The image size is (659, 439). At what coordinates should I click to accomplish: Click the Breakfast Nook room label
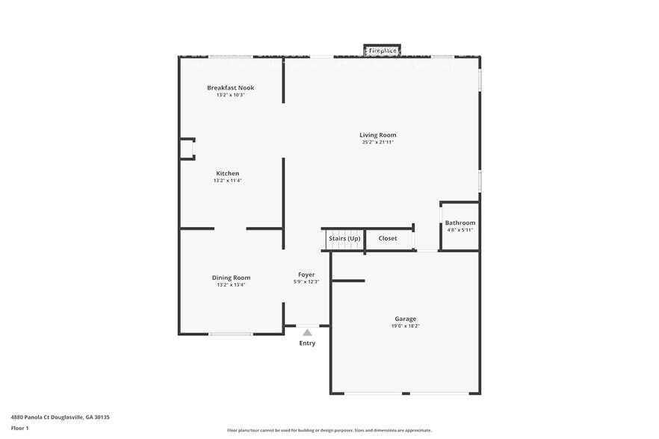tap(231, 88)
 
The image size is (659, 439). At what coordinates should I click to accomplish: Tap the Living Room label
tap(377, 135)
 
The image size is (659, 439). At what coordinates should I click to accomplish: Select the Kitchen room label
tap(228, 173)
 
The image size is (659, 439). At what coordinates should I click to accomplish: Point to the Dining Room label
tap(231, 278)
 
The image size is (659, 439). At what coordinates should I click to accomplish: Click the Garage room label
tap(406, 319)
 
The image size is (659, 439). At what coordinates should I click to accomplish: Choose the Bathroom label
tap(460, 223)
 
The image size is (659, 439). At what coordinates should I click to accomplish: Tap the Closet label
tap(388, 238)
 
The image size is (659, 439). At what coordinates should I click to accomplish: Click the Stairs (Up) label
tap(344, 238)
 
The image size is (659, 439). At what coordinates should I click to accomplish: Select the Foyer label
tap(306, 275)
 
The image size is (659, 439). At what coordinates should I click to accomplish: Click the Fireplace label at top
tap(382, 50)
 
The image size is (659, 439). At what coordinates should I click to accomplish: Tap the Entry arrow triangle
tap(307, 333)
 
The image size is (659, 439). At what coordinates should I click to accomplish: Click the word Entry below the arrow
tap(307, 343)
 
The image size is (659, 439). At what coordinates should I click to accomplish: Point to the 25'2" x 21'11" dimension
tap(377, 142)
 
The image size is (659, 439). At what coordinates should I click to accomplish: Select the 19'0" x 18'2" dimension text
tap(406, 326)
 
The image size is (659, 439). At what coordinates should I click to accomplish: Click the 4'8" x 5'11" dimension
tap(460, 230)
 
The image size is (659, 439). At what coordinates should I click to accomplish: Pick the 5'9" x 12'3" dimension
tap(306, 281)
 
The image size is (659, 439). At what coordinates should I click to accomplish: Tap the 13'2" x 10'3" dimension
tap(231, 95)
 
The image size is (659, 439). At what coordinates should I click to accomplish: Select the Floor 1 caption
tap(19, 428)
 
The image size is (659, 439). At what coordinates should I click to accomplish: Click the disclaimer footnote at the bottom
tap(329, 430)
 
